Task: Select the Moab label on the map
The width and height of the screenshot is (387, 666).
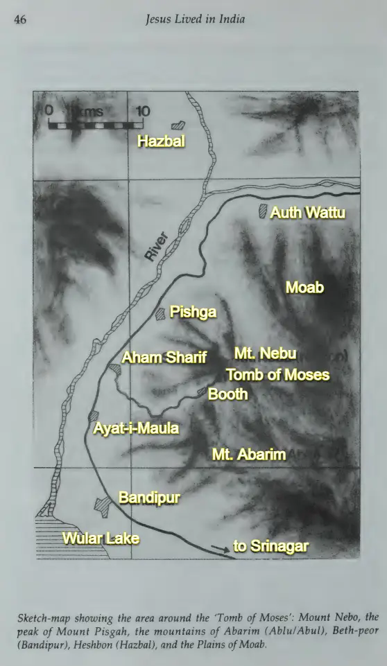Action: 305,286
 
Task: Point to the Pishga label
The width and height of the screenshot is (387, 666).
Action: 193,313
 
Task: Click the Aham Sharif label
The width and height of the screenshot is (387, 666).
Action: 164,358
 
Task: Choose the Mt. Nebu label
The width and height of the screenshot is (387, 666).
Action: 265,354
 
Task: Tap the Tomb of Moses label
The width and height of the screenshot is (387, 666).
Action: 277,376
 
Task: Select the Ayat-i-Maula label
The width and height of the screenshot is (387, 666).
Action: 136,428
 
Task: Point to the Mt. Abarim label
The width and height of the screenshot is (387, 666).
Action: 249,455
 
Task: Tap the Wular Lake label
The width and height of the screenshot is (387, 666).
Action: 101,538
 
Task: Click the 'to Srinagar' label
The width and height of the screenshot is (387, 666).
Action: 270,546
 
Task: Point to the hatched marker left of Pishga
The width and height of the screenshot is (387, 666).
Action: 162,314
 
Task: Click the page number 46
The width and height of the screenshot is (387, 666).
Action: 19,19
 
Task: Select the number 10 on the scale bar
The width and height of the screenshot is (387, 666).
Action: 143,111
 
